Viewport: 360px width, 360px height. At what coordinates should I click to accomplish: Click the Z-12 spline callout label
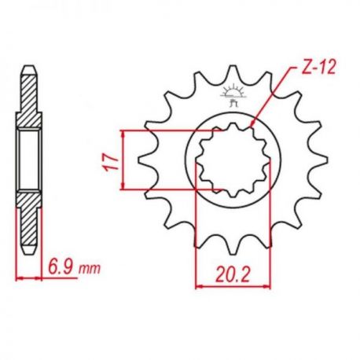click(x=318, y=68)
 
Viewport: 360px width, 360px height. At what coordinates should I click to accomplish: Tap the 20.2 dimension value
click(x=233, y=274)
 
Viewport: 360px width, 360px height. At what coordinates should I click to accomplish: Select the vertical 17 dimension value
click(x=111, y=163)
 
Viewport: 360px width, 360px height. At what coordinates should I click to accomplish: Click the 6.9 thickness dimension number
click(x=62, y=267)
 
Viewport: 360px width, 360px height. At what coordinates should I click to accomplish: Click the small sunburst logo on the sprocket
click(x=232, y=96)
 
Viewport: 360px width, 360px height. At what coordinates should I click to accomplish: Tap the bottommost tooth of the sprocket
click(x=232, y=246)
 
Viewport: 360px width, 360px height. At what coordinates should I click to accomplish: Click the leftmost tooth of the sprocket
click(x=145, y=160)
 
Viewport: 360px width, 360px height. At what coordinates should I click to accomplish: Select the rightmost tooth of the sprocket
click(x=319, y=160)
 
